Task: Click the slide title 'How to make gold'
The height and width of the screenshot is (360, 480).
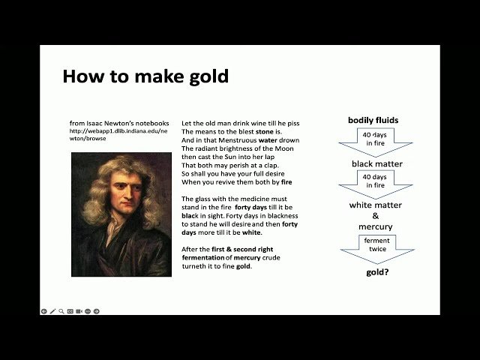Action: tap(145, 76)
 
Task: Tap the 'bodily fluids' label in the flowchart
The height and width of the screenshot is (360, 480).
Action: tap(373, 120)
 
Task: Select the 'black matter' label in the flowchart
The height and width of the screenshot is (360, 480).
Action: tap(376, 163)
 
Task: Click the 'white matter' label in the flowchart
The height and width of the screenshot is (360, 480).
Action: tap(375, 205)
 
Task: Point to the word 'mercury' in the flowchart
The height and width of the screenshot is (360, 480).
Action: tap(375, 226)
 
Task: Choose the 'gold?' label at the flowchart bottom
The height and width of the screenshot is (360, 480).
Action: tap(376, 271)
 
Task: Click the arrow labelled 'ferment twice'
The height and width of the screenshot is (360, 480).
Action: tap(376, 247)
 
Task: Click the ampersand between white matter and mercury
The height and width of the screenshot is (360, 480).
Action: tap(375, 216)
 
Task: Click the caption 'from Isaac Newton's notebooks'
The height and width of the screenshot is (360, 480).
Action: tap(118, 123)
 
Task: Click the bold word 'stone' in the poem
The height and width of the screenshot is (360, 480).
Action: tap(264, 131)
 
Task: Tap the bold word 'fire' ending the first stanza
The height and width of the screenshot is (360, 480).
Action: tap(286, 181)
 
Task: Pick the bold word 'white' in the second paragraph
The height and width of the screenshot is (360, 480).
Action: tap(251, 232)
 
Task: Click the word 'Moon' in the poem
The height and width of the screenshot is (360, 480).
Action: tap(283, 148)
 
